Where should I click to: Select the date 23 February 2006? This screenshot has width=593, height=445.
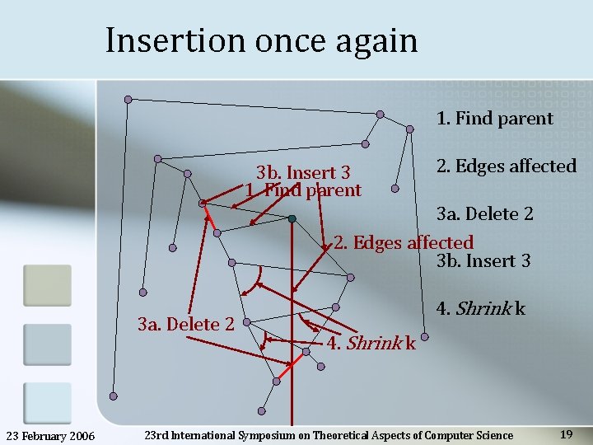click(x=56, y=435)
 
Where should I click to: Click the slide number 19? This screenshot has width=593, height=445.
click(x=566, y=434)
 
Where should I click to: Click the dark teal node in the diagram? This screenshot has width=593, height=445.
click(x=292, y=218)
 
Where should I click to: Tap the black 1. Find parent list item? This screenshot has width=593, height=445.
click(x=494, y=119)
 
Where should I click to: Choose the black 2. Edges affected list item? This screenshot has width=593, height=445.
click(x=506, y=166)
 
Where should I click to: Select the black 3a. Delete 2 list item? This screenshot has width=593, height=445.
click(x=484, y=214)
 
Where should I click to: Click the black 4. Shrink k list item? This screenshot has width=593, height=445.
click(x=480, y=310)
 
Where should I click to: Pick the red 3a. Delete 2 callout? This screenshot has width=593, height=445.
click(x=186, y=324)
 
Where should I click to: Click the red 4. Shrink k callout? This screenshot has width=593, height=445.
click(x=371, y=343)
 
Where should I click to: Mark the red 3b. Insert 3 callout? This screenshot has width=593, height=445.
click(x=303, y=173)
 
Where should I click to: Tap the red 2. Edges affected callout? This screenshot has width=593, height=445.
click(x=404, y=243)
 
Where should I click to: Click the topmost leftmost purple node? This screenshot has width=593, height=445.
click(x=128, y=100)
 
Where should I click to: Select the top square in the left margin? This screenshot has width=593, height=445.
click(x=47, y=285)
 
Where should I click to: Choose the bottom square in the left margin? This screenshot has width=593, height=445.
click(x=47, y=403)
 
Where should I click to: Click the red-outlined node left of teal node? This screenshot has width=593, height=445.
click(x=203, y=203)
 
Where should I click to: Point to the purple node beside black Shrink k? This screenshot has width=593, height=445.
click(x=424, y=337)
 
